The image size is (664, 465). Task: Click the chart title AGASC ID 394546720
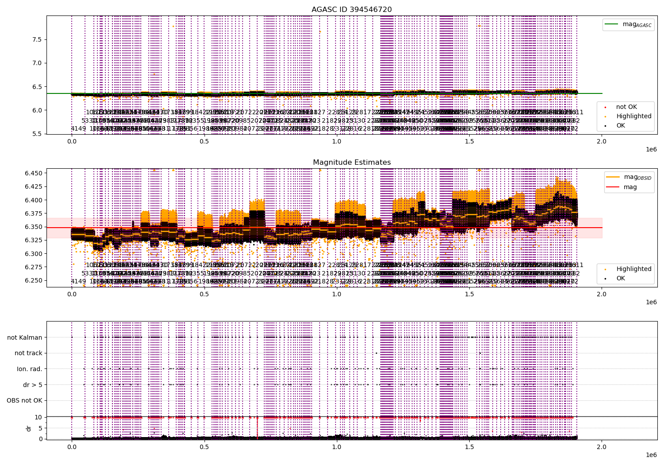coord(351,10)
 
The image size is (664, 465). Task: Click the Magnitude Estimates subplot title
coord(351,163)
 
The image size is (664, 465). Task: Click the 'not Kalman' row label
coord(25,337)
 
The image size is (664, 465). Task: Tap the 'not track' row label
coord(28,353)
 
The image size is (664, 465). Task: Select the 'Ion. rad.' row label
coord(30,369)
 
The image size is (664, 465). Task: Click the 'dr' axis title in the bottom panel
coord(29,428)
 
